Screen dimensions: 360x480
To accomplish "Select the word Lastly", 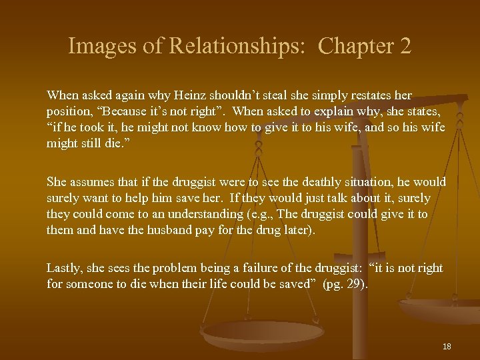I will coord(63,268).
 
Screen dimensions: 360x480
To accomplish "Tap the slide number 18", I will coord(447,347).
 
